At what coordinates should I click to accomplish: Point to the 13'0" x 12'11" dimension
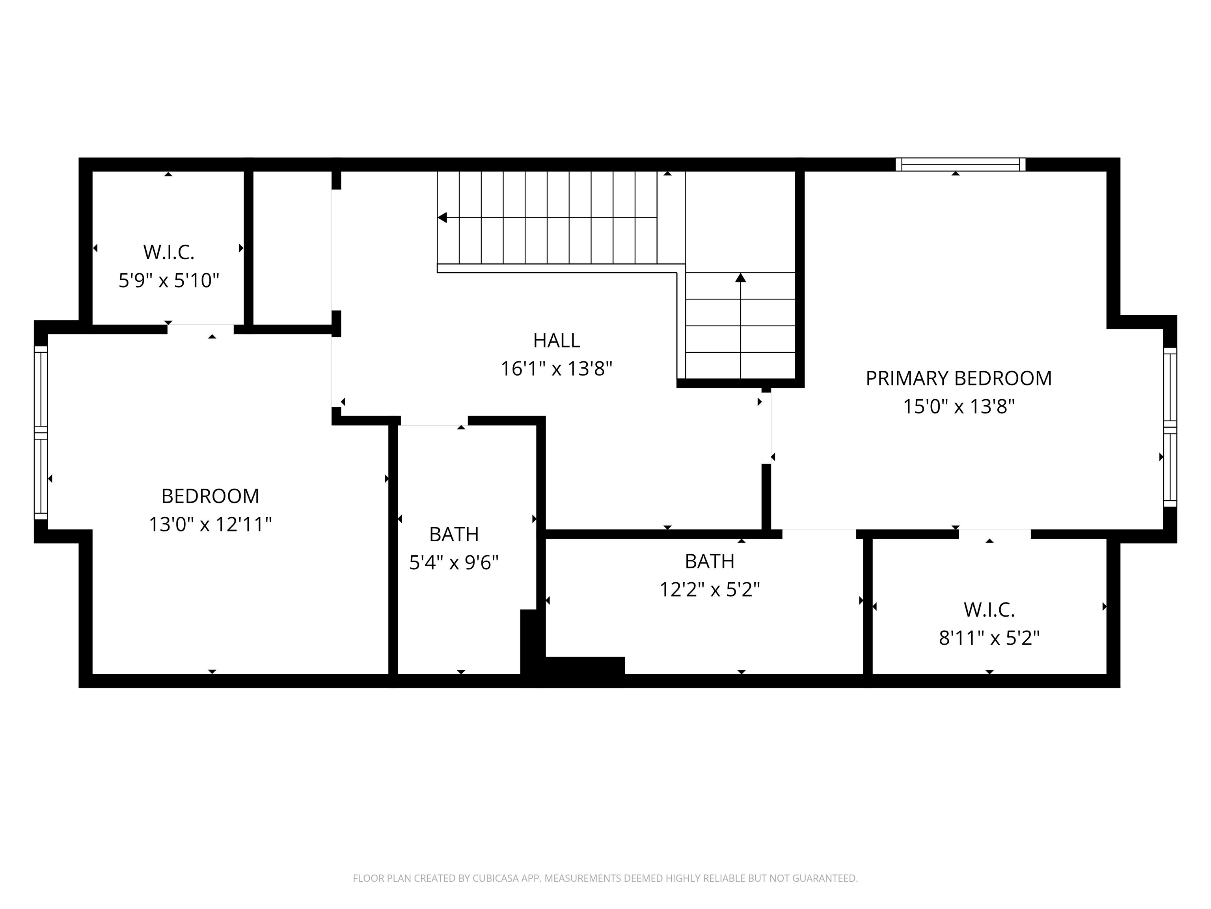point(210,524)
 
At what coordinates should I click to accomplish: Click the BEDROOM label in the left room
point(210,496)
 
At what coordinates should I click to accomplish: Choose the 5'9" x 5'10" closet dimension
point(169,281)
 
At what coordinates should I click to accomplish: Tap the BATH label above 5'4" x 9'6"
point(454,534)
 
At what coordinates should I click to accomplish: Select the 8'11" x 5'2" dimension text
point(989,638)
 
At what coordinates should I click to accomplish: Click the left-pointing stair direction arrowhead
point(442,217)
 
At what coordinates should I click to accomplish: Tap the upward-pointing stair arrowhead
point(741,277)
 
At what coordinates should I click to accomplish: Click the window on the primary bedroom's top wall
point(961,165)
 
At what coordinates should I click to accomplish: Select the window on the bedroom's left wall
point(41,432)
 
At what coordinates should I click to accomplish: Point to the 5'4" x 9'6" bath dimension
point(454,563)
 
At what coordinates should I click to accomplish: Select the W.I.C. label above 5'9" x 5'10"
point(169,252)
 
